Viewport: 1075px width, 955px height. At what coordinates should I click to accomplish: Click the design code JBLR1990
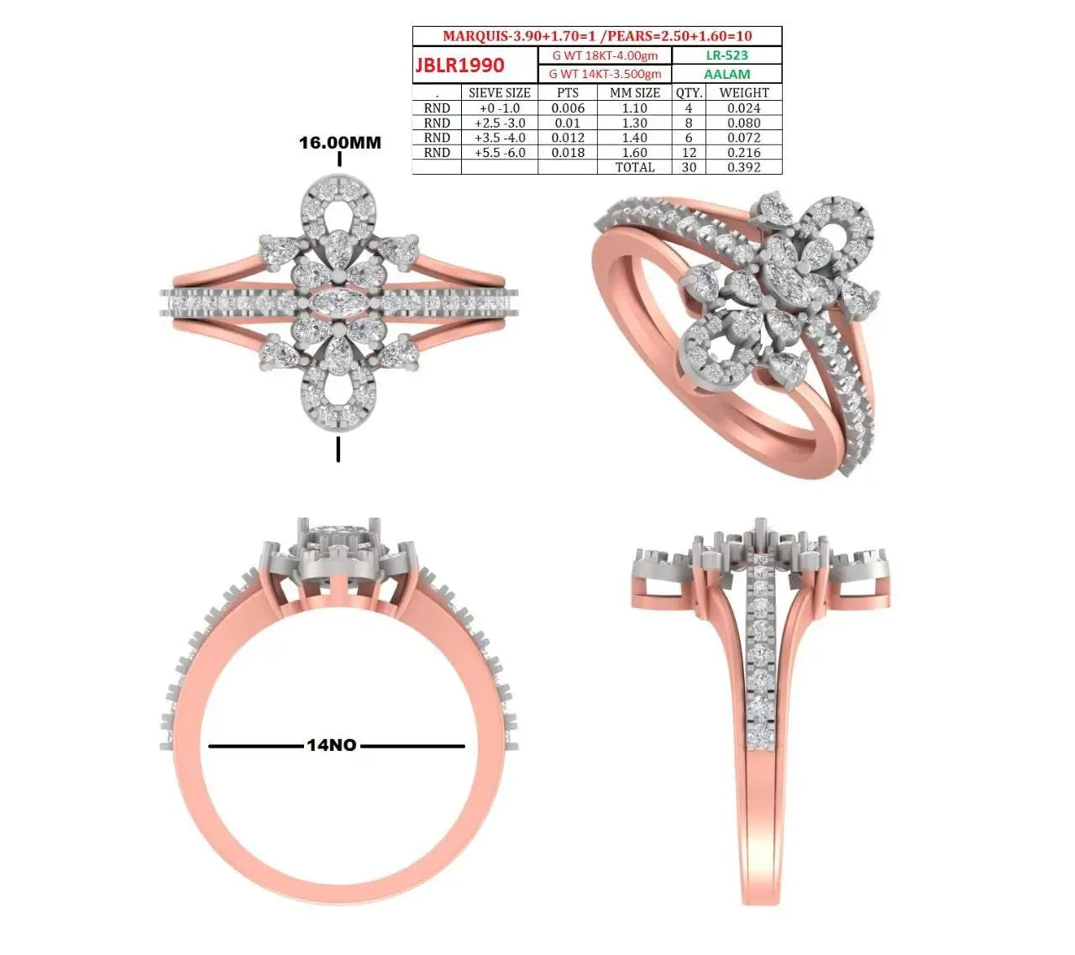pyautogui.click(x=459, y=65)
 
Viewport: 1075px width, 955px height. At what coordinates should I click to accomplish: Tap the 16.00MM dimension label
pyautogui.click(x=339, y=142)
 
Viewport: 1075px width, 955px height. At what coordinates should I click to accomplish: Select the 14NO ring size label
pyautogui.click(x=332, y=745)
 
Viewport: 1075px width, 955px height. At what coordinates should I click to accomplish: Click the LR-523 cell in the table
pyautogui.click(x=726, y=55)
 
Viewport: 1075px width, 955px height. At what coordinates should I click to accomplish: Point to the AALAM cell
pyautogui.click(x=727, y=74)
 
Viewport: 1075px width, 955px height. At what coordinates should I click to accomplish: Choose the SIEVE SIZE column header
pyautogui.click(x=500, y=93)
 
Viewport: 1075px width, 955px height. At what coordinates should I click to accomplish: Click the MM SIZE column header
pyautogui.click(x=635, y=93)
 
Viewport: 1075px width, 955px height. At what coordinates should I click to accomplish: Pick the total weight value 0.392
pyautogui.click(x=744, y=167)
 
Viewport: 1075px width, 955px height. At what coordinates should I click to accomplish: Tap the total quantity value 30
pyautogui.click(x=689, y=167)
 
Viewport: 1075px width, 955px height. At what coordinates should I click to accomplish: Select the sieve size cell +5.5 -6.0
pyautogui.click(x=500, y=152)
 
